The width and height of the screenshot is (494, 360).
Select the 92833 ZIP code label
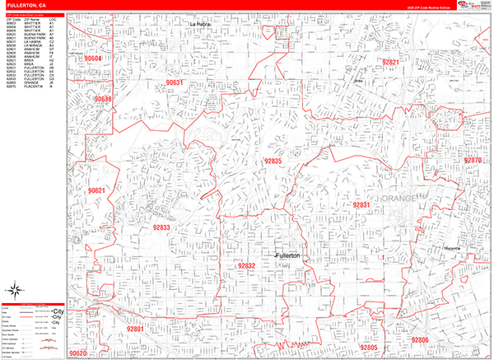(x=160, y=227)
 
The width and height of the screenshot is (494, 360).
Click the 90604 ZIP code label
(x=94, y=59)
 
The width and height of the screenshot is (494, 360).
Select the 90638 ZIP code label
(x=103, y=100)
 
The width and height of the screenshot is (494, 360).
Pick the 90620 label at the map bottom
(x=79, y=353)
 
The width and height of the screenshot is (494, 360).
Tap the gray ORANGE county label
(x=401, y=199)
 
